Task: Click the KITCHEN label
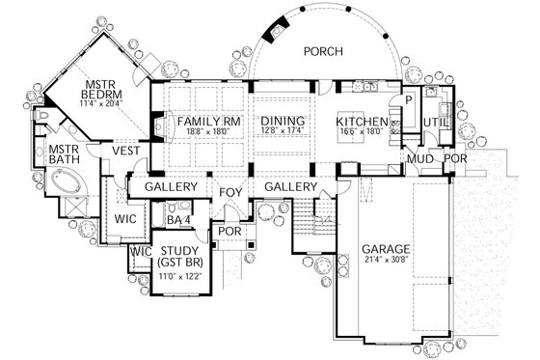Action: (362, 122)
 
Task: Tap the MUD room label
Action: (417, 157)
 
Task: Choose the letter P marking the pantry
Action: (408, 99)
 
